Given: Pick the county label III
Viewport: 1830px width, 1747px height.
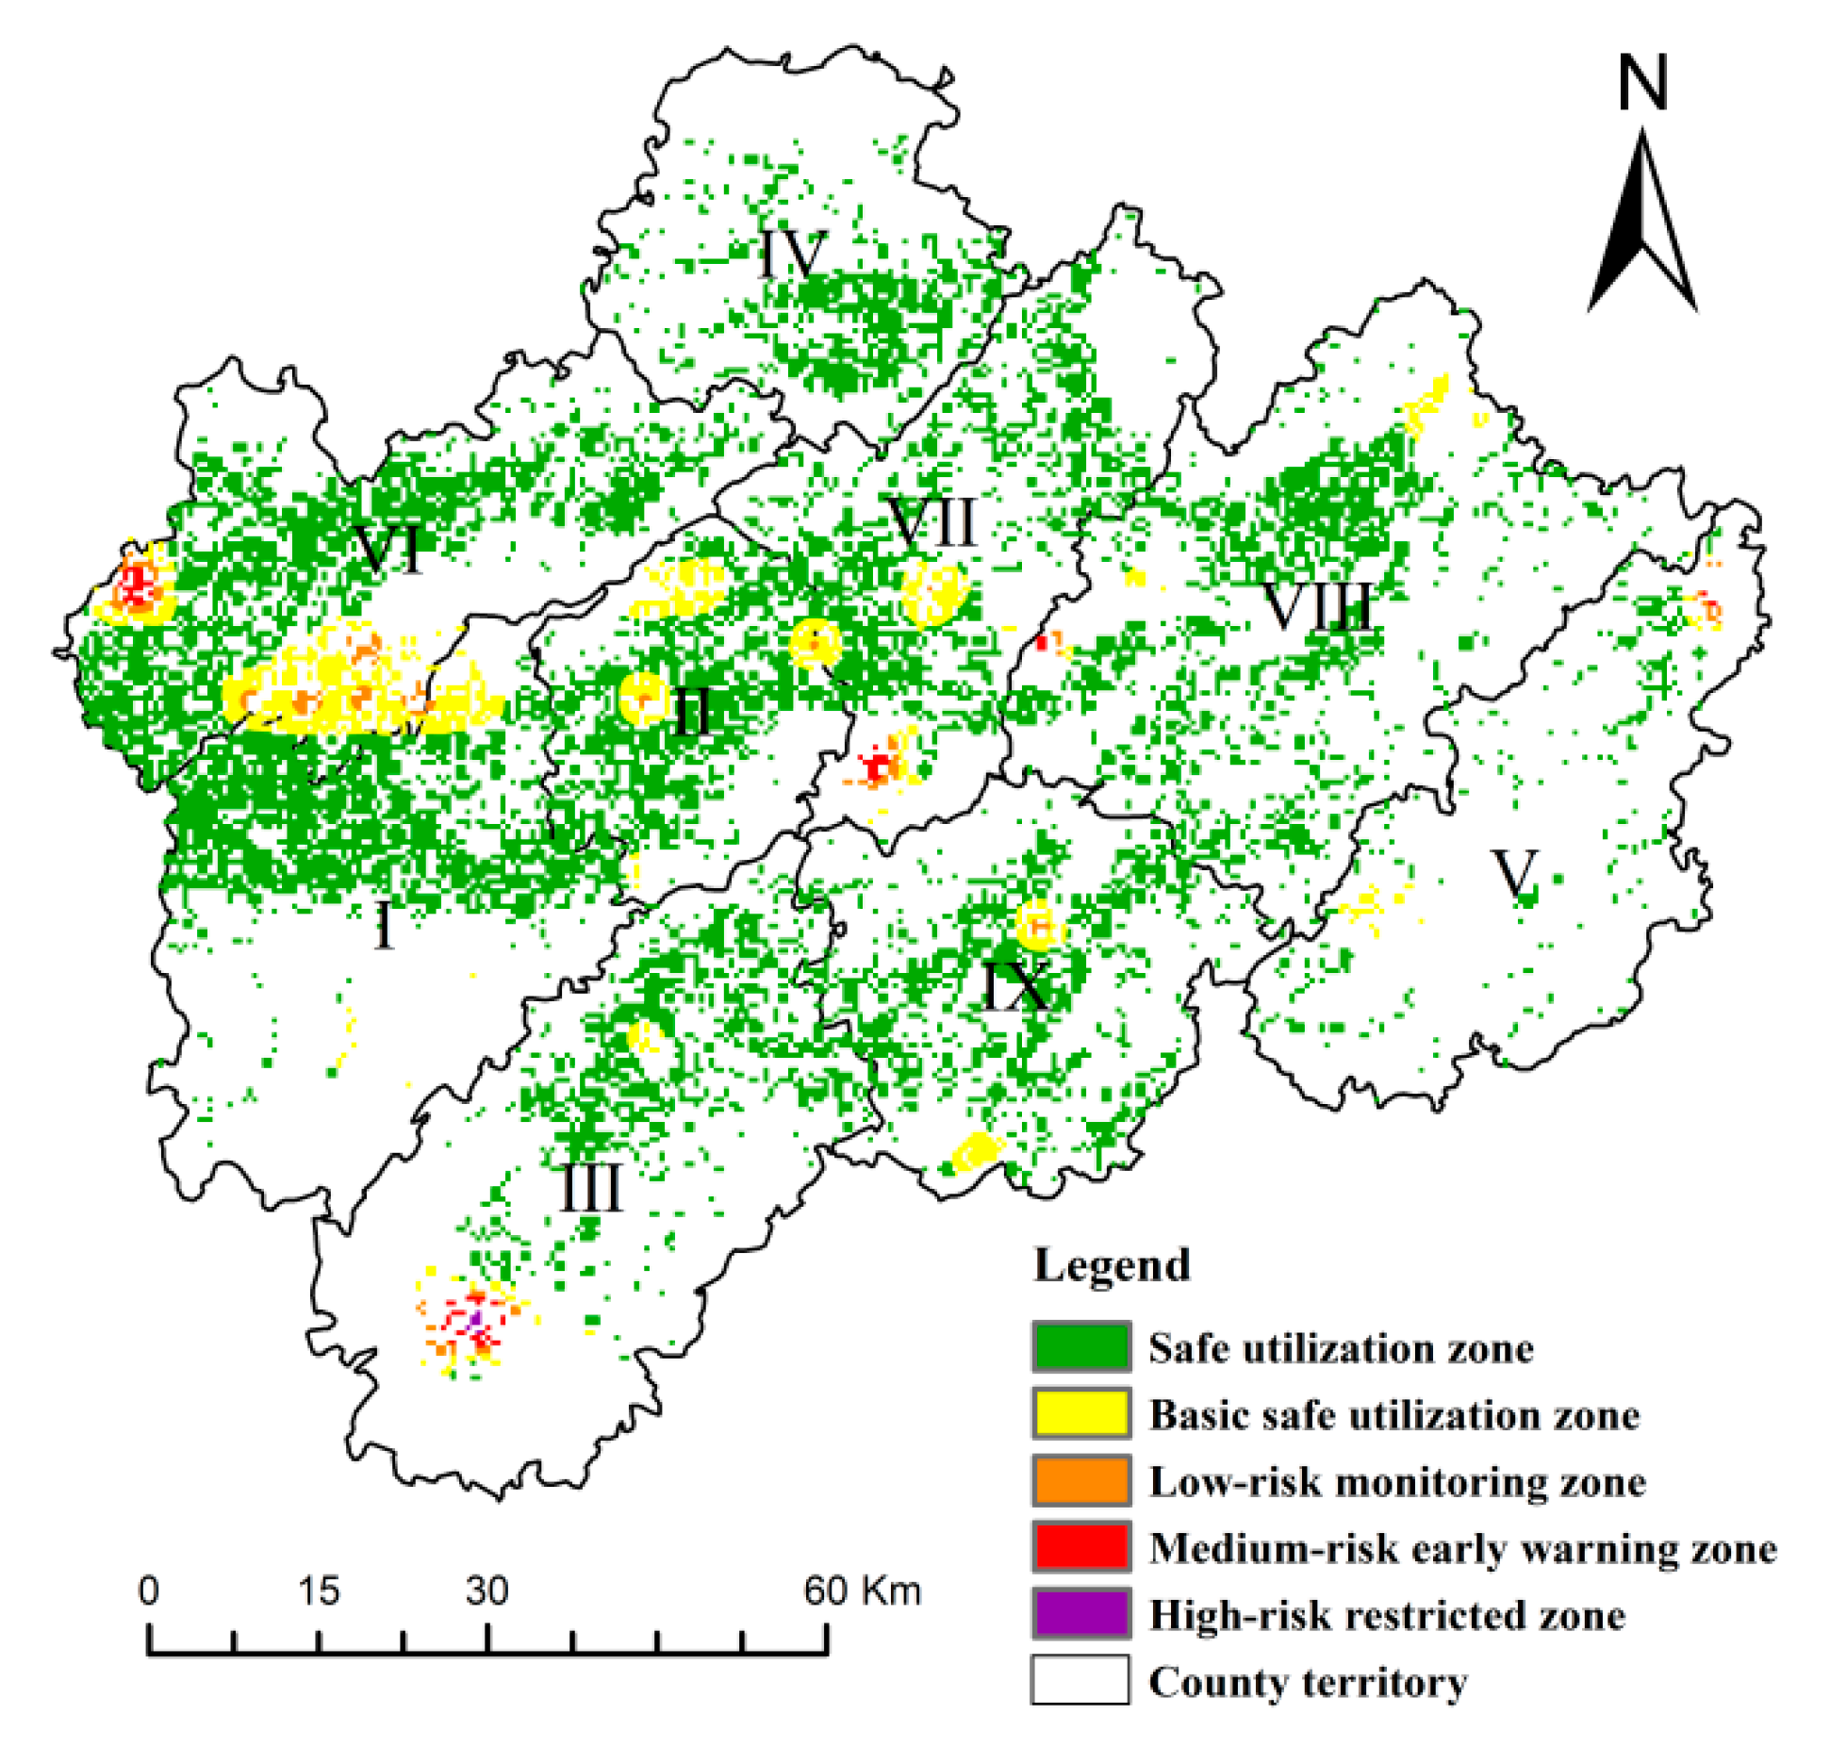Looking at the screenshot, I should click(591, 1189).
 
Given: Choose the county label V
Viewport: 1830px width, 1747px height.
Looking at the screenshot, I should click(1515, 873).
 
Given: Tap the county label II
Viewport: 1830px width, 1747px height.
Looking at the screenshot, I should click(693, 711).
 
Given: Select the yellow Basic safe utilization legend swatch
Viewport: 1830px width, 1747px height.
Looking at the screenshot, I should click(1080, 1413).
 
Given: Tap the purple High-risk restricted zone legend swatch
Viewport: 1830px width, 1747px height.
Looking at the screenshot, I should click(1080, 1614).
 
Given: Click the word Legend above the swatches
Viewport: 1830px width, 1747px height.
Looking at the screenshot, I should click(1112, 1265).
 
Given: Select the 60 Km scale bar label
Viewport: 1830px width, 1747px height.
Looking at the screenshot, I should click(861, 1590).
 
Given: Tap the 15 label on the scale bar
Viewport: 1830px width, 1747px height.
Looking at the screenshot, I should click(318, 1590).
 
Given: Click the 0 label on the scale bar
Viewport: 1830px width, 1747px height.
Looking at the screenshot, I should click(149, 1590).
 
